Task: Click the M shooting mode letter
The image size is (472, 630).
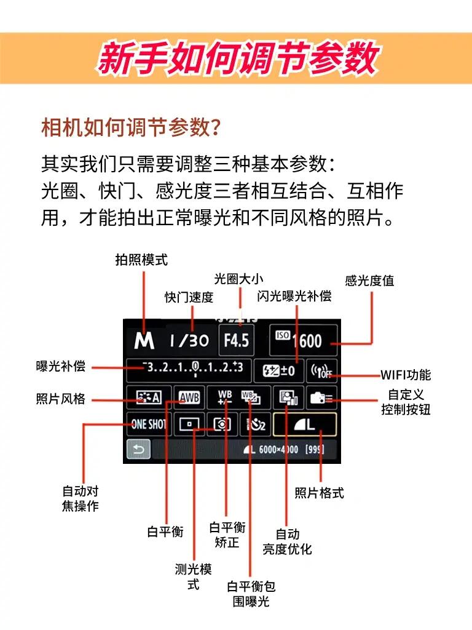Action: [145, 340]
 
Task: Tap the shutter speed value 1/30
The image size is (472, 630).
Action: [189, 340]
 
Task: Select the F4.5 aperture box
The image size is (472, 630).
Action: [236, 340]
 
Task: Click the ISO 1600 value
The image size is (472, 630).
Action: [304, 340]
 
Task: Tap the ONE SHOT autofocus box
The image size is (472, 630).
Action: [148, 424]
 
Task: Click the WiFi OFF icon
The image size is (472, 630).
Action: [321, 371]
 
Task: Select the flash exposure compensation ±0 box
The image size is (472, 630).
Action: [278, 371]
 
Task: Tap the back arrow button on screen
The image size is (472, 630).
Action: [138, 450]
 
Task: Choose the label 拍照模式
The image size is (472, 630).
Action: [141, 259]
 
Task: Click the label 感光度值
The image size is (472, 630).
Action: [369, 281]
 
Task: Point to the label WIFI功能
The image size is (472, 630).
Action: [406, 375]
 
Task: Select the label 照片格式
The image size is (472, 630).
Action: [319, 492]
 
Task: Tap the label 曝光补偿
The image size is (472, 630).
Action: [60, 367]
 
